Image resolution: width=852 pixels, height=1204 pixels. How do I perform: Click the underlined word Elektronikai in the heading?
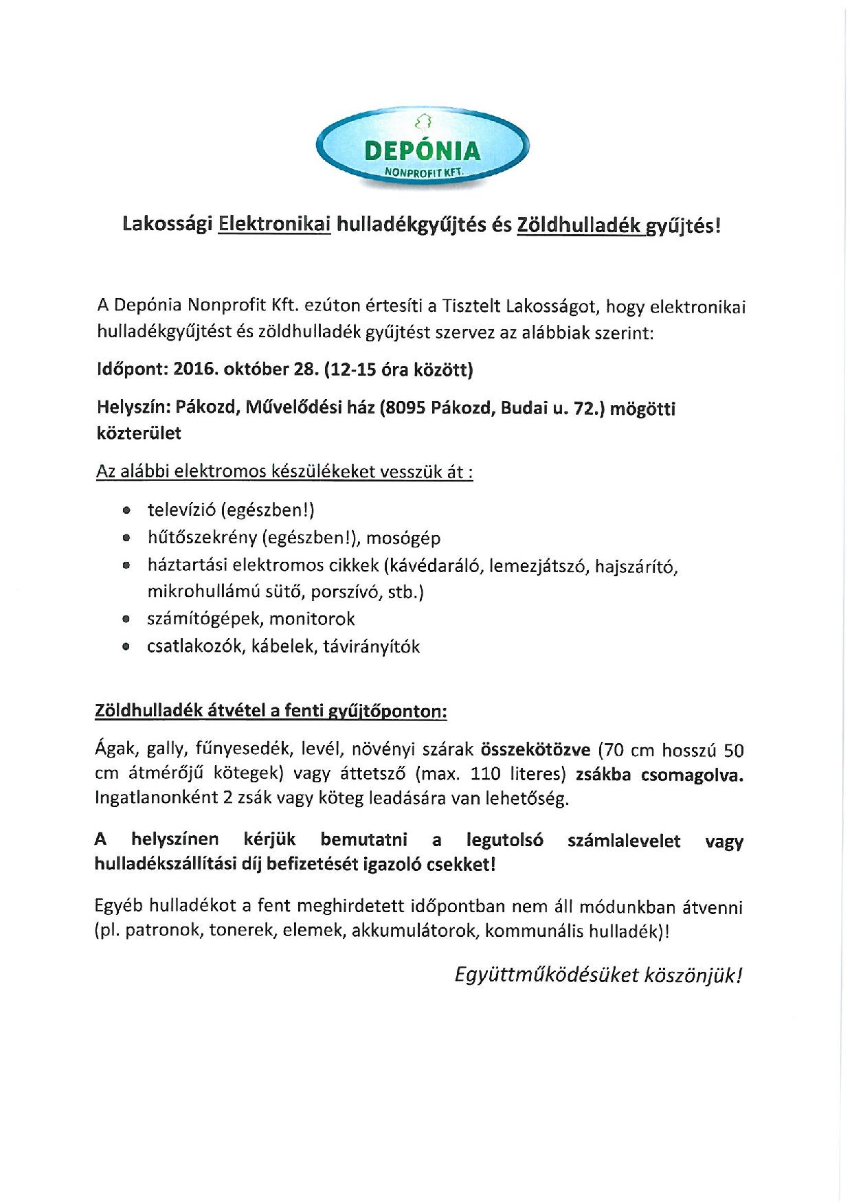(274, 225)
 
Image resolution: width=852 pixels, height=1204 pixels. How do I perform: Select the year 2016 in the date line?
(194, 370)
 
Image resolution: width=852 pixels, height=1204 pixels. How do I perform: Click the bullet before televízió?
(125, 511)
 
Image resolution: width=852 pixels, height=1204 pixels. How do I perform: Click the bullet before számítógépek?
(125, 619)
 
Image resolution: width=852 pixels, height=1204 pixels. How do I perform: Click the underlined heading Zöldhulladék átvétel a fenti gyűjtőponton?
(270, 712)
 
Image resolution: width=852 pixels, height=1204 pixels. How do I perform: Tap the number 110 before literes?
(486, 774)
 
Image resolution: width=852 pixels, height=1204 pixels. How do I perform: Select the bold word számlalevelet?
(624, 841)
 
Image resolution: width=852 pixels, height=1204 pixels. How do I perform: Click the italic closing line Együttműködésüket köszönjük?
(598, 975)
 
